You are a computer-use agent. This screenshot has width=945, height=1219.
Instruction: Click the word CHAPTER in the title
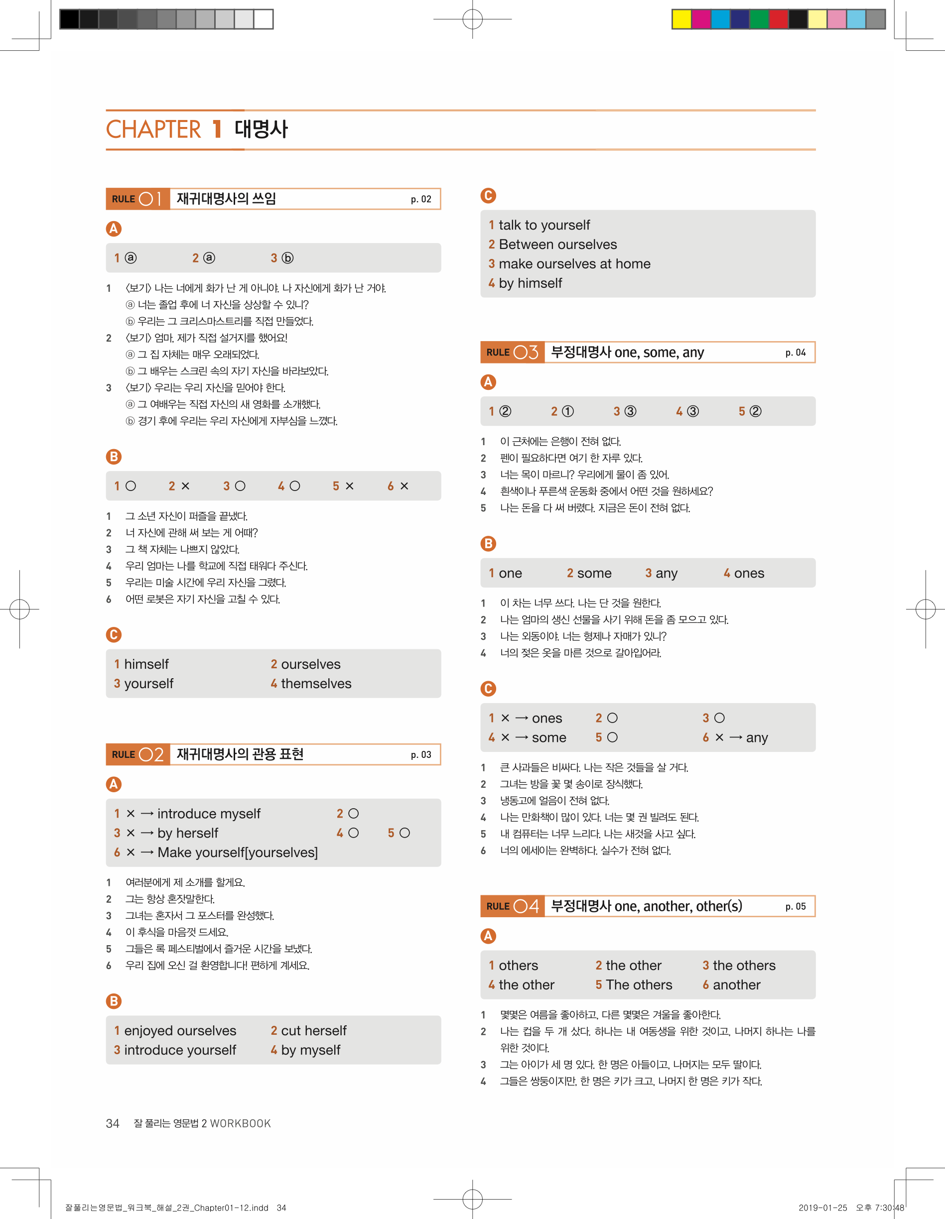click(153, 129)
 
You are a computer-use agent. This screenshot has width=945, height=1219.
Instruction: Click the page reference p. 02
click(420, 199)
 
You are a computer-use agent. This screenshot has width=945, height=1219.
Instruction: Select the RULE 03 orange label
click(512, 352)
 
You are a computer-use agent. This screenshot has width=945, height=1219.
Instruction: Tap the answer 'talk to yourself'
click(544, 225)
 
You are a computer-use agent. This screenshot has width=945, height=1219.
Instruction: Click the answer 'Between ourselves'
click(557, 244)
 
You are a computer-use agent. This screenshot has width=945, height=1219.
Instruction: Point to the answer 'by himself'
click(530, 283)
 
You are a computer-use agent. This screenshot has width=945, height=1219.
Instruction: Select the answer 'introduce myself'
click(208, 814)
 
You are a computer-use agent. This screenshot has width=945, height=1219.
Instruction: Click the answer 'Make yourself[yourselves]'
click(237, 853)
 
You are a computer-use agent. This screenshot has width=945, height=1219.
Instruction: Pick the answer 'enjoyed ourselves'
click(180, 1030)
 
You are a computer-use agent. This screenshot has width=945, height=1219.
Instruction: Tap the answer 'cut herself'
click(313, 1030)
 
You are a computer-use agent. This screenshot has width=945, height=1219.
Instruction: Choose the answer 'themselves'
click(316, 684)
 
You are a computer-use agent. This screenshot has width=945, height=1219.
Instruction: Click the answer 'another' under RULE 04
click(736, 984)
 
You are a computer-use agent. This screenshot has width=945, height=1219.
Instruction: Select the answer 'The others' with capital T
click(639, 984)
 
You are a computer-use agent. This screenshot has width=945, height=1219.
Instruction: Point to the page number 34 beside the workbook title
click(112, 1123)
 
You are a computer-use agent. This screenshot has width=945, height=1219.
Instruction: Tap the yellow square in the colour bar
click(681, 19)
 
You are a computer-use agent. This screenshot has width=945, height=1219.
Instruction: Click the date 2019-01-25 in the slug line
click(822, 1208)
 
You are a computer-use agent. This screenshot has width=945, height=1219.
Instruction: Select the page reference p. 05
click(796, 906)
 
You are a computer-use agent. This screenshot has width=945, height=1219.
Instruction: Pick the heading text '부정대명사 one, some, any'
click(627, 352)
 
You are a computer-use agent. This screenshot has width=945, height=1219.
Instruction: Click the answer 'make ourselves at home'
click(574, 263)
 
